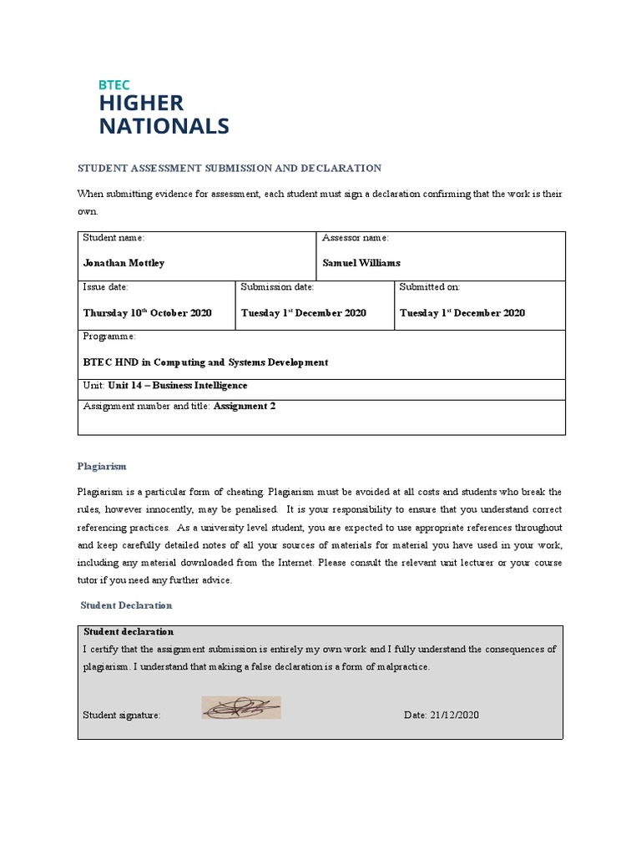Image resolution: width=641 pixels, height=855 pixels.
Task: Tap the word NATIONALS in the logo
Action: coord(164,126)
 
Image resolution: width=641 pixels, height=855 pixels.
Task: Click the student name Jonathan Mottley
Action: coord(124,263)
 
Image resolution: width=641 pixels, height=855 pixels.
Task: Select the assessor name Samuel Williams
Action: coord(361,263)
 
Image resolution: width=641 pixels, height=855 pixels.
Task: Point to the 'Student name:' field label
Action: coord(114,239)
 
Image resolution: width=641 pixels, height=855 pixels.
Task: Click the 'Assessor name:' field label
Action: coord(356,239)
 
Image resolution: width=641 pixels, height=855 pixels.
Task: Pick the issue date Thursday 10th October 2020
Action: coord(147,313)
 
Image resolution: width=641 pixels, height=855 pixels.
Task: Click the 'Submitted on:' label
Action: coord(429,287)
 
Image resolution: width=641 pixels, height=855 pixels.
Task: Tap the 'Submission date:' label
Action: coord(277,287)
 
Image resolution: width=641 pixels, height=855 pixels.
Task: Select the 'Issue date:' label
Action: coord(105,287)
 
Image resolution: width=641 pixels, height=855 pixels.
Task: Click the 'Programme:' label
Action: coord(109,336)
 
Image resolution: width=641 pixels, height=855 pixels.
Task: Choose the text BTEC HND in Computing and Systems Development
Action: coord(205,362)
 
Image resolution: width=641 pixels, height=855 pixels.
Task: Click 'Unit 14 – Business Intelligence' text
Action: coord(178,386)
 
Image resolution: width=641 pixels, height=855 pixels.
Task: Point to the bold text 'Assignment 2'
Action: coord(245,407)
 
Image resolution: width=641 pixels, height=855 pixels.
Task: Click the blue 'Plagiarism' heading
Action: coord(102,467)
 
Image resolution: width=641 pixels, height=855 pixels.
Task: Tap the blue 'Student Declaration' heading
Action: coord(126,605)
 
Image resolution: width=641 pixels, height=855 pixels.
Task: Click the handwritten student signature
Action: coord(241,709)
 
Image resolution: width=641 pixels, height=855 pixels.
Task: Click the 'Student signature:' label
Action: coord(122,716)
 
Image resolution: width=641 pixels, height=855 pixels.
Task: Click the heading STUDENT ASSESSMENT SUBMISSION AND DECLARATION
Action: coord(230,168)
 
